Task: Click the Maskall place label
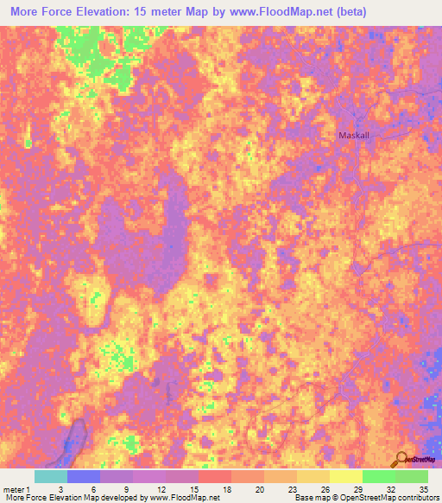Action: point(353,136)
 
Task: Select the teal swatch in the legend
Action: point(51,476)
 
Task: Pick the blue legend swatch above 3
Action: point(84,476)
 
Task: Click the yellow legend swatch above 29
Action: point(345,476)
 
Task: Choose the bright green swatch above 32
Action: point(378,476)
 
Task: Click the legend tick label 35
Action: point(422,488)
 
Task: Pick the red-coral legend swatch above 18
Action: point(214,476)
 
